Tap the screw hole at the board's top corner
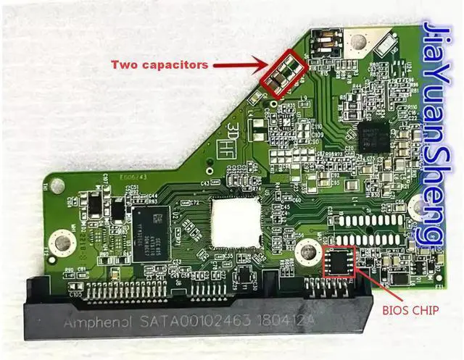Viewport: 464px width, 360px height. pos(357,44)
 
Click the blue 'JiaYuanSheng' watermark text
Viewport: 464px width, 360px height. pos(438,134)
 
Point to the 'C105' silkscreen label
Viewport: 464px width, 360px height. pos(75,294)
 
